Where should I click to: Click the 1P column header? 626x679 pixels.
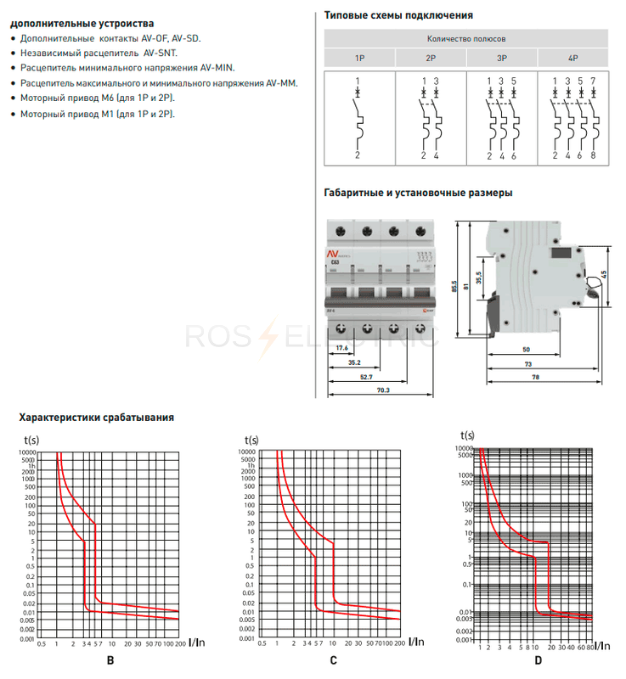[x=360, y=59]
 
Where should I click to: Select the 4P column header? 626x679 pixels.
[x=572, y=59]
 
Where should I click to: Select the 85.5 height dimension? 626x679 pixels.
[x=455, y=286]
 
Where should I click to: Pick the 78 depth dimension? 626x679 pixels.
[x=535, y=376]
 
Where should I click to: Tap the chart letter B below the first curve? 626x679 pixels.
[x=110, y=659]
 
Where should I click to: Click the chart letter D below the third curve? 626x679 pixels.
[x=538, y=660]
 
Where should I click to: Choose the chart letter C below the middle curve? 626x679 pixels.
[x=334, y=659]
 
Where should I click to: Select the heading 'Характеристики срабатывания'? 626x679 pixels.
[x=97, y=417]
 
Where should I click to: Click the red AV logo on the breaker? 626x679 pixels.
[x=334, y=255]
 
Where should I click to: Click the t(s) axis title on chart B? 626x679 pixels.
[x=32, y=439]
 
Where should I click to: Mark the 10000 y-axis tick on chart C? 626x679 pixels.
[x=248, y=452]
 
